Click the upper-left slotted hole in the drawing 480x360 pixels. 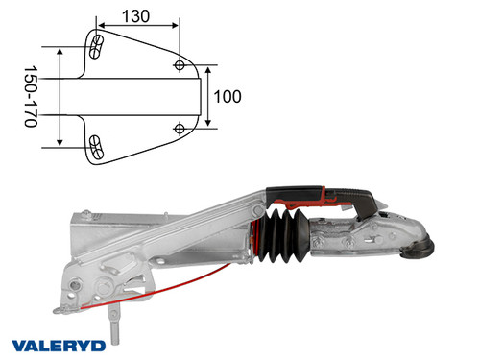pos(96,44)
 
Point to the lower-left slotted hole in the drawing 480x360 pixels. pos(96,145)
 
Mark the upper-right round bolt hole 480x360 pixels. pos(180,64)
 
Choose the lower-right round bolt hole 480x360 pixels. pos(180,128)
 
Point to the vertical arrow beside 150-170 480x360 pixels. pos(60,96)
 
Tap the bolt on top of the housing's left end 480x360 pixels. pos(85,213)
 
